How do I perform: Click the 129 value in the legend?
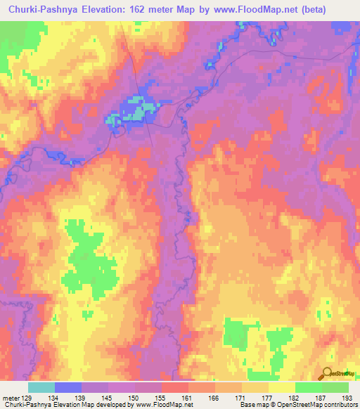[x=30, y=396]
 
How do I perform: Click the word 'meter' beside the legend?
[x=11, y=396]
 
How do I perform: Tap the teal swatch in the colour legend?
[x=41, y=387]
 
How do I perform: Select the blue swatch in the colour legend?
[x=67, y=387]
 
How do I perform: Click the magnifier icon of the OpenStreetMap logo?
[x=328, y=374]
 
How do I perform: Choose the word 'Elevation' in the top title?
[x=112, y=8]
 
